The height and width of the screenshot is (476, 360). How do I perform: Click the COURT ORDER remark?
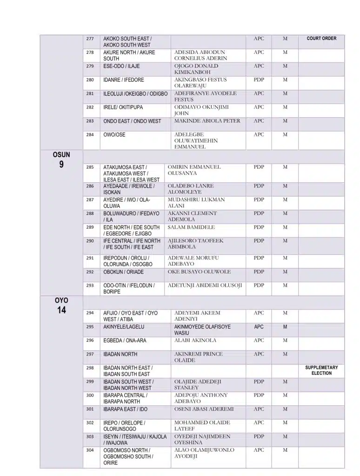(321, 39)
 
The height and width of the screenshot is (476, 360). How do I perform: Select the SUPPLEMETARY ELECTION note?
(321, 370)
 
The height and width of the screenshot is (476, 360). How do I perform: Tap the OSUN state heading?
(61, 154)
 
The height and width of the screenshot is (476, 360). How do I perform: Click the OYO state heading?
(61, 301)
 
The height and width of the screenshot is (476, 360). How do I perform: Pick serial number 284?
(90, 135)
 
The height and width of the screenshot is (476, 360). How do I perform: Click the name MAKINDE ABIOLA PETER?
(207, 121)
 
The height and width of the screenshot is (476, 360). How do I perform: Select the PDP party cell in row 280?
(259, 80)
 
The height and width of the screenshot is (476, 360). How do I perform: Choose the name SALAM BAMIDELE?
(191, 227)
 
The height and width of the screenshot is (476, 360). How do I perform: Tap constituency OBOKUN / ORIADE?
(124, 272)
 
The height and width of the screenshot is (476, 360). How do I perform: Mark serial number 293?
(90, 285)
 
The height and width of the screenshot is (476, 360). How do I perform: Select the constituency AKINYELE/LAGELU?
(124, 327)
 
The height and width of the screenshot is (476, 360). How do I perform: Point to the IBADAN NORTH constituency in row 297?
(120, 354)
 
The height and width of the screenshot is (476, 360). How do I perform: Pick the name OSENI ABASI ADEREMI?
(204, 409)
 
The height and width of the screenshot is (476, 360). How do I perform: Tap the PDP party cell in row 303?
(259, 436)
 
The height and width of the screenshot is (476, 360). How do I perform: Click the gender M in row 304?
(285, 450)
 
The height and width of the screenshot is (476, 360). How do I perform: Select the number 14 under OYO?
(61, 311)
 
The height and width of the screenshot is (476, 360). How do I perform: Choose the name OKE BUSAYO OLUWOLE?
(199, 272)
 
